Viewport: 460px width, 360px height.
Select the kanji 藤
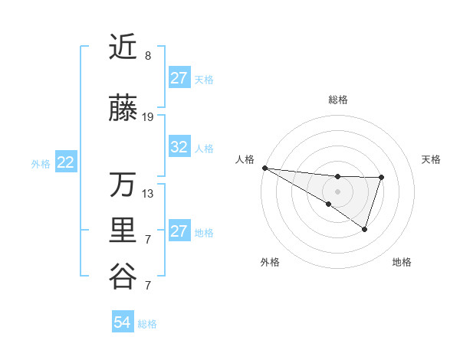[x=123, y=110]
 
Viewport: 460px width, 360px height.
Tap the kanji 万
[x=123, y=185]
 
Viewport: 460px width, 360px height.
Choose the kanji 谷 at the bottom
[x=123, y=275]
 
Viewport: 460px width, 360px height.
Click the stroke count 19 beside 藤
[x=148, y=117]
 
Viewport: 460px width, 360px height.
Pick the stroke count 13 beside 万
[x=148, y=193]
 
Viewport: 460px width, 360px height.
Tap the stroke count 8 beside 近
[x=148, y=56]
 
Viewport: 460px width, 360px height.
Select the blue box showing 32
[x=179, y=148]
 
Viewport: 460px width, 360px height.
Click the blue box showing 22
[x=66, y=162]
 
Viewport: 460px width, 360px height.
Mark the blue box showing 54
[x=123, y=322]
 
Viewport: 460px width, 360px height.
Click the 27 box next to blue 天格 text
[x=179, y=78]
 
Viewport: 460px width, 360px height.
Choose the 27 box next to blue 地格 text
[x=179, y=231]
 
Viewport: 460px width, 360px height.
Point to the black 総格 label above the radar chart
[x=337, y=100]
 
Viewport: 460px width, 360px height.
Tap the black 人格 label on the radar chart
[x=245, y=159]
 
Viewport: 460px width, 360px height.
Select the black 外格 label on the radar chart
[x=270, y=262]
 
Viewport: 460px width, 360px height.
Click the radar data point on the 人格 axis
[x=264, y=168]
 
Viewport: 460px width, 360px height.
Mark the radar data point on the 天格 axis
[x=381, y=178]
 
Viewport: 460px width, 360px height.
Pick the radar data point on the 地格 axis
[x=365, y=229]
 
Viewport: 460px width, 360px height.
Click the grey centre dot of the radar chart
[x=337, y=191]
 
